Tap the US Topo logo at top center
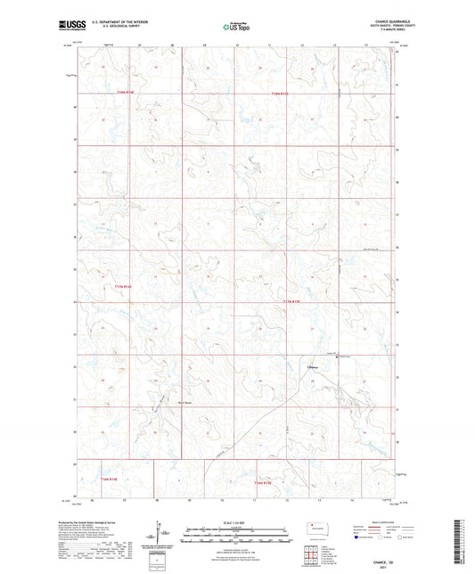click(x=236, y=28)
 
